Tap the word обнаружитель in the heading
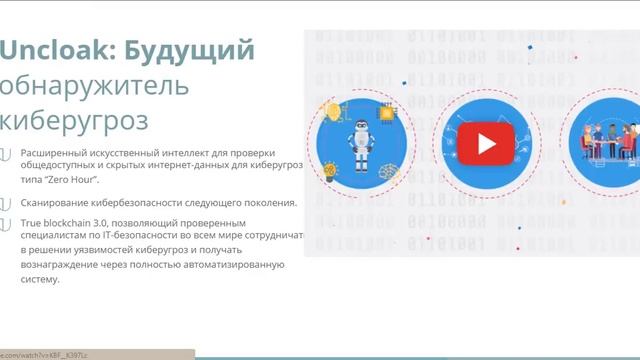95,86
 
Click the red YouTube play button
486,144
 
